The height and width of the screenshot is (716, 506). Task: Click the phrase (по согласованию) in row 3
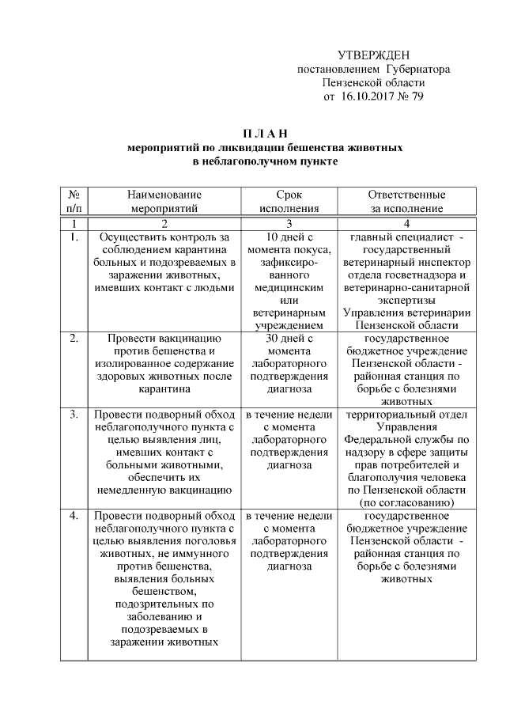406,503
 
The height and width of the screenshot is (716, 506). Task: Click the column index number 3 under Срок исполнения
289,223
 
